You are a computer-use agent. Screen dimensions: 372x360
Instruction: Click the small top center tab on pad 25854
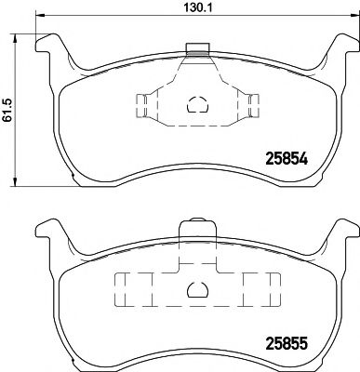click(196, 49)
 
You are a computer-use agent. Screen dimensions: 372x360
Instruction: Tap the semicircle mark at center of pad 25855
click(196, 291)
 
